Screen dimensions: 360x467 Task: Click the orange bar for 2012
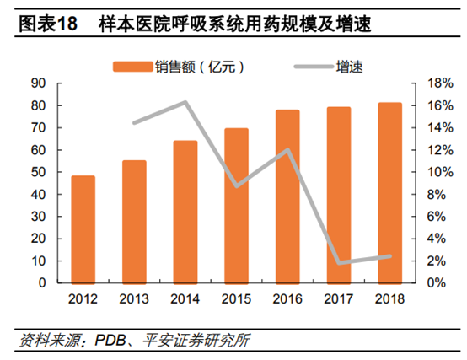83,229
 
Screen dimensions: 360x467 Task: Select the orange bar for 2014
185,212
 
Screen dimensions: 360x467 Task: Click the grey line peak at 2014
185,103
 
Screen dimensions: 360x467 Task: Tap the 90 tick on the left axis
38,83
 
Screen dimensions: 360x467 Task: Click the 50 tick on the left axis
38,172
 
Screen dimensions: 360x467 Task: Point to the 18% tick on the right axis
428,83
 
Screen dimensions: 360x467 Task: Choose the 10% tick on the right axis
428,172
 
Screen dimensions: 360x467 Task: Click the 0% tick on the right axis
426,283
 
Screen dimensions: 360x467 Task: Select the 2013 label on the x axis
134,299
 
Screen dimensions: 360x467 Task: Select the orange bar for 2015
237,206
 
